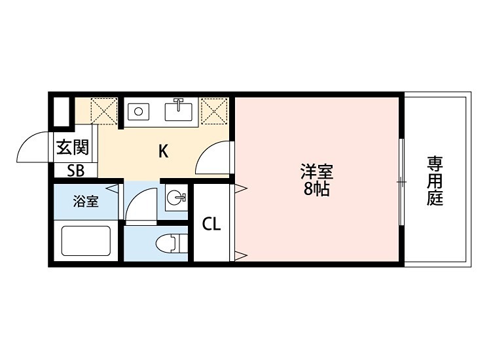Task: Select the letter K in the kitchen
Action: (x=164, y=151)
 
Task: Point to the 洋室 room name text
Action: (x=317, y=173)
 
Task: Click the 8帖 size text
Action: (x=317, y=190)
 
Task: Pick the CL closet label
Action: (x=211, y=225)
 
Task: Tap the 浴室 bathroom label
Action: (x=86, y=202)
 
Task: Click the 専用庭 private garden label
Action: (x=435, y=180)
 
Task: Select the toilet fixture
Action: (x=170, y=243)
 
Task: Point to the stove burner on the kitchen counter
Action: (x=138, y=111)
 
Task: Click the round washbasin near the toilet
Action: (x=175, y=198)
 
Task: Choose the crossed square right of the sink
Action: (x=214, y=110)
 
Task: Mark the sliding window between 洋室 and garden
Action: (x=401, y=181)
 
